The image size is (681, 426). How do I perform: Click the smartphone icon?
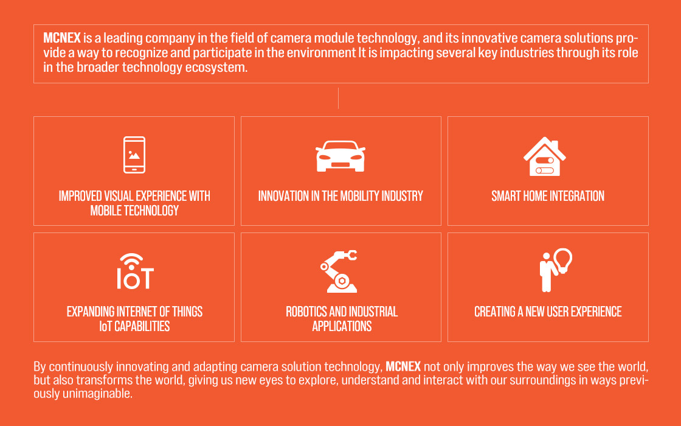[134, 155]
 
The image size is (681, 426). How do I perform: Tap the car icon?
[340, 156]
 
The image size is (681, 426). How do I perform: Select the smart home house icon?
[545, 156]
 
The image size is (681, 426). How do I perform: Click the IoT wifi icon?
[135, 271]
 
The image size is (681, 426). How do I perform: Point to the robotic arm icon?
[339, 271]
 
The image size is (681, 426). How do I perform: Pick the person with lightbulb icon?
[556, 270]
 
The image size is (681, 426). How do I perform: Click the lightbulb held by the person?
[563, 260]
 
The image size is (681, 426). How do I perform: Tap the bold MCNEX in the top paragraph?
[62, 38]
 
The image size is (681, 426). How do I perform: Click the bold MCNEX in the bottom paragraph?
[403, 366]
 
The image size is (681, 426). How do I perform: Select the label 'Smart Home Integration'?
[548, 196]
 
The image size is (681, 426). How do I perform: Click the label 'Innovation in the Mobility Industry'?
[340, 196]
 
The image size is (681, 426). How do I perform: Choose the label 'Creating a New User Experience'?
[548, 312]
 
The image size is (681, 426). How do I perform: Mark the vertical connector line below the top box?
[338, 98]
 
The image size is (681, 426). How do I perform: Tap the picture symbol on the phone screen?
[134, 155]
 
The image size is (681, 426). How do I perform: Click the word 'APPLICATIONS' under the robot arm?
[342, 326]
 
